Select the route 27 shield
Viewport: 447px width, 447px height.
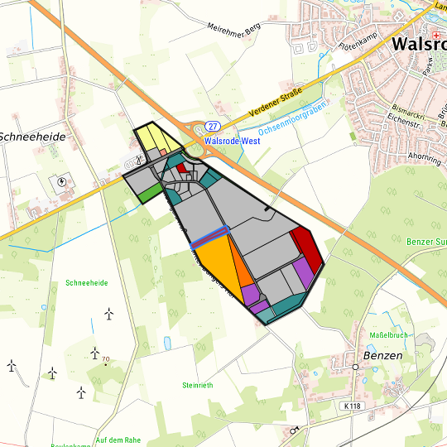click(x=214, y=126)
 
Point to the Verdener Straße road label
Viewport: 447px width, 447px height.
click(x=272, y=103)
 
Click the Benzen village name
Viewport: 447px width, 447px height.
click(x=382, y=355)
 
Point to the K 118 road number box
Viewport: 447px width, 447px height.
click(x=353, y=406)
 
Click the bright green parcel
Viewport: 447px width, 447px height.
click(x=150, y=194)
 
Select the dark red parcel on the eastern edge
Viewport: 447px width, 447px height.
click(x=307, y=247)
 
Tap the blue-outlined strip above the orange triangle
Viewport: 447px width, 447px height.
click(x=209, y=238)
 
